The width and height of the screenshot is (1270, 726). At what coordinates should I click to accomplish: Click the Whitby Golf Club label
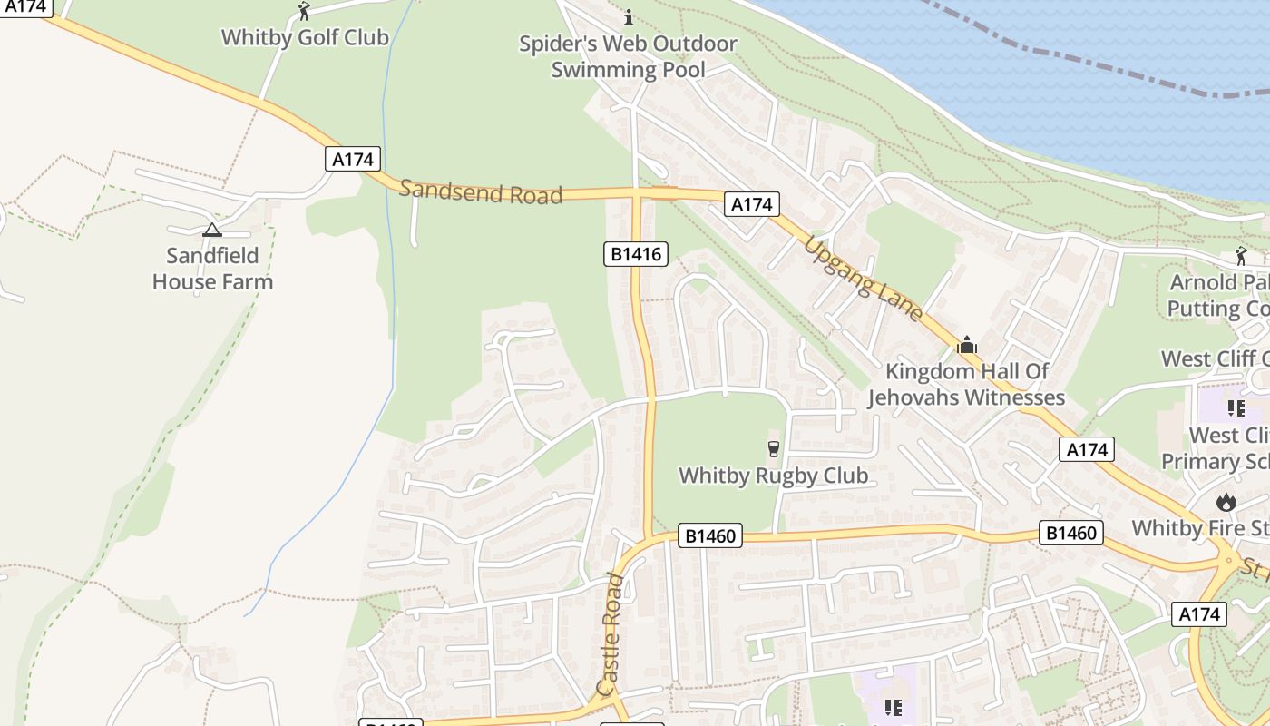pyautogui.click(x=305, y=37)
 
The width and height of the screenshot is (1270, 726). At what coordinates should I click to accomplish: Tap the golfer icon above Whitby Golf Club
pyautogui.click(x=305, y=11)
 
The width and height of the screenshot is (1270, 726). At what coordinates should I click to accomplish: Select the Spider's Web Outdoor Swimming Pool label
pyautogui.click(x=628, y=56)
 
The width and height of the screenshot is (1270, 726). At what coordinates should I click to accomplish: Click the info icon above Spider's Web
pyautogui.click(x=628, y=17)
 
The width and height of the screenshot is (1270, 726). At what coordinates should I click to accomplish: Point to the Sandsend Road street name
pyautogui.click(x=481, y=191)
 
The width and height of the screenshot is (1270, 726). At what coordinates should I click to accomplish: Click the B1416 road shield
pyautogui.click(x=636, y=254)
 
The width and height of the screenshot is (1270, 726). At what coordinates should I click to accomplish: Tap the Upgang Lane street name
pyautogui.click(x=863, y=280)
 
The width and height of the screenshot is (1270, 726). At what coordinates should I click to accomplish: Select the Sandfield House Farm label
pyautogui.click(x=212, y=269)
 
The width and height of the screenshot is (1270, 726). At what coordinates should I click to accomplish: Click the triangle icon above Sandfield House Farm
pyautogui.click(x=212, y=231)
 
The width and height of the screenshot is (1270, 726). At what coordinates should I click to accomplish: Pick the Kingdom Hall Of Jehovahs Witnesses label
pyautogui.click(x=966, y=384)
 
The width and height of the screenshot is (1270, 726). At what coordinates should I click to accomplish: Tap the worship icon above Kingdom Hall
pyautogui.click(x=967, y=345)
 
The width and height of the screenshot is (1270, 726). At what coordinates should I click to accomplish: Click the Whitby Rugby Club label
pyautogui.click(x=773, y=476)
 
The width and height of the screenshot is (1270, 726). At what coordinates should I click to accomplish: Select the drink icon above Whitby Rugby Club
pyautogui.click(x=773, y=448)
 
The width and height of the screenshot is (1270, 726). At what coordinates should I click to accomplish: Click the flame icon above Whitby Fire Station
pyautogui.click(x=1226, y=502)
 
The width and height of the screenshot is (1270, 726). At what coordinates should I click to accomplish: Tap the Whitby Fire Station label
pyautogui.click(x=1200, y=528)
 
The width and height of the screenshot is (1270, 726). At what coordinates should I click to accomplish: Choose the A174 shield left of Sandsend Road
pyautogui.click(x=353, y=159)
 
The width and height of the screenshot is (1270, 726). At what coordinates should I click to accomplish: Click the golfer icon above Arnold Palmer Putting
pyautogui.click(x=1241, y=256)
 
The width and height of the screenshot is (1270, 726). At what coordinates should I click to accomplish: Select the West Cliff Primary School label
pyautogui.click(x=1216, y=448)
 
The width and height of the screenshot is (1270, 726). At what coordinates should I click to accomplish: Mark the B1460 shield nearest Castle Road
pyautogui.click(x=710, y=536)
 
